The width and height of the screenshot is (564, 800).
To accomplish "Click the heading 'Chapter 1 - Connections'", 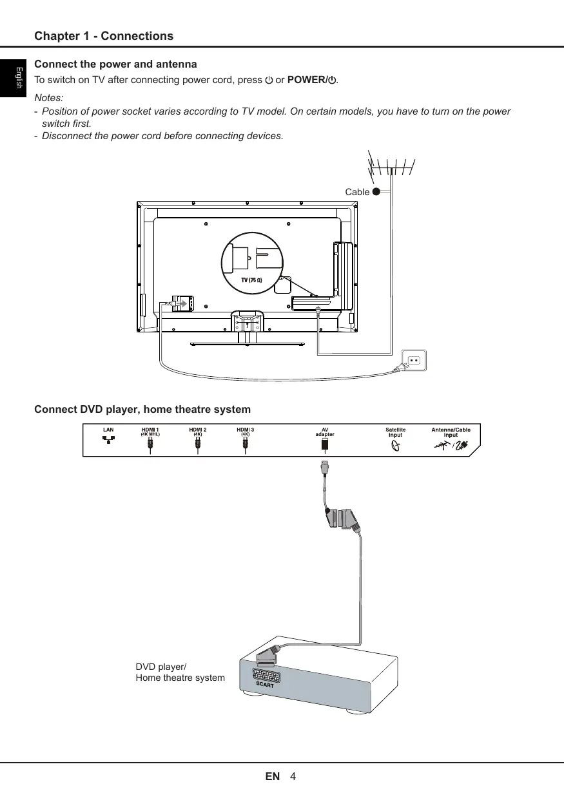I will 104,36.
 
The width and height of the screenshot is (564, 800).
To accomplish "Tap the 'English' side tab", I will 19,77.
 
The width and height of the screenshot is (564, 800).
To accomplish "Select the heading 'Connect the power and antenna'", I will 115,64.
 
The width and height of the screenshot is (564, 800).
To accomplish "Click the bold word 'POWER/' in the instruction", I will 307,81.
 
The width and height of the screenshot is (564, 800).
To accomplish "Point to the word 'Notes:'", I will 48,98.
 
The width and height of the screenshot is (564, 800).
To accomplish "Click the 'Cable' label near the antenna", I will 357,192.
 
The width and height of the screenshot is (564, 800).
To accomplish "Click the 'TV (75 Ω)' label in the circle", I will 251,281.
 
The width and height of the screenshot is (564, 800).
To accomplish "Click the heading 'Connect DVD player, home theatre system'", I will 142,410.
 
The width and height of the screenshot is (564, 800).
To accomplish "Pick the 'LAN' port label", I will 108,430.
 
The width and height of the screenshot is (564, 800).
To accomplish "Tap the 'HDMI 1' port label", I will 150,430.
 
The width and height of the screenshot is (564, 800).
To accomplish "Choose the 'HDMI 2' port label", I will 198,430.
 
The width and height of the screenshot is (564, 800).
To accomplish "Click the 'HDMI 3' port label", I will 246,430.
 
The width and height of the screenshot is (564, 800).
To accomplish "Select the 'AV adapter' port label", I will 325,432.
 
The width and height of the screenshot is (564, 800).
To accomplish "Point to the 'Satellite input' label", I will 396,432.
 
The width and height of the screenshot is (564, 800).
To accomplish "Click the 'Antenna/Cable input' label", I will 451,432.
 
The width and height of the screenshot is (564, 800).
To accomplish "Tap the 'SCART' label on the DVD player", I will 266,685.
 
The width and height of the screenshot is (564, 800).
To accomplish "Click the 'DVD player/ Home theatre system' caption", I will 180,672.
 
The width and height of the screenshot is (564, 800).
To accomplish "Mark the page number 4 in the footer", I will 293,776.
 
